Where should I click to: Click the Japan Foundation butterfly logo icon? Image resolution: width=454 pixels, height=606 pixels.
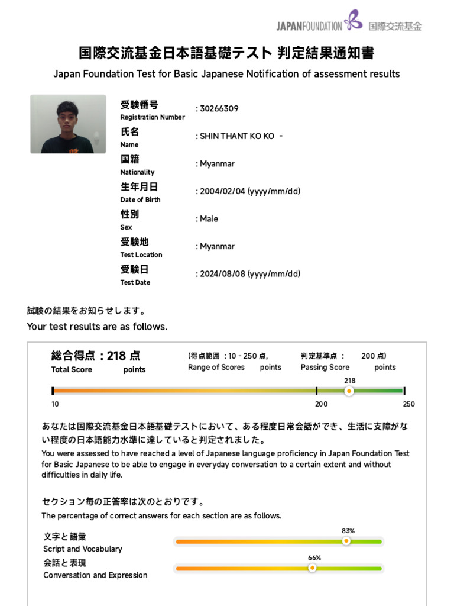(353, 20)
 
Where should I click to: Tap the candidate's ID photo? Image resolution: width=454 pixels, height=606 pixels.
(68, 124)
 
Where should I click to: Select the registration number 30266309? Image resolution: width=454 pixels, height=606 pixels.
(219, 109)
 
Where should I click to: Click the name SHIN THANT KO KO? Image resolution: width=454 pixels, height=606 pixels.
(237, 136)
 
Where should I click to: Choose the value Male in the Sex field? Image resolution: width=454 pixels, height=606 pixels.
(209, 219)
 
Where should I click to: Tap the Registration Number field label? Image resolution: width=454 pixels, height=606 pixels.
(153, 117)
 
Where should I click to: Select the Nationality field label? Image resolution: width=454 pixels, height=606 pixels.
(137, 172)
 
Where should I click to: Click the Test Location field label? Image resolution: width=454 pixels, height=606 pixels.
(141, 254)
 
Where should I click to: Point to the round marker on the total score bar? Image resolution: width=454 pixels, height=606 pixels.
(349, 391)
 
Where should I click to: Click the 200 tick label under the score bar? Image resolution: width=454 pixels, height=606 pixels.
(321, 404)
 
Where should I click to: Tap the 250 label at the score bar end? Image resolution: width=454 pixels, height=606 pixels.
(408, 404)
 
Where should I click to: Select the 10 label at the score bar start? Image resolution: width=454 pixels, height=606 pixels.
(55, 404)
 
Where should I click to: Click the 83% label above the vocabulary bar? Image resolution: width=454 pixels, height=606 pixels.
(348, 531)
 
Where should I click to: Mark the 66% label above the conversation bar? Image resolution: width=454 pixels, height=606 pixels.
(314, 558)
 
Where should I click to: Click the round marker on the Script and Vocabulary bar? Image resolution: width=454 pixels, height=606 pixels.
(346, 541)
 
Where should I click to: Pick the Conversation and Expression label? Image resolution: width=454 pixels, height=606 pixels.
(95, 575)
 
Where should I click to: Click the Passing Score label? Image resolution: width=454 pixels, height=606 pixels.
(325, 368)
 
